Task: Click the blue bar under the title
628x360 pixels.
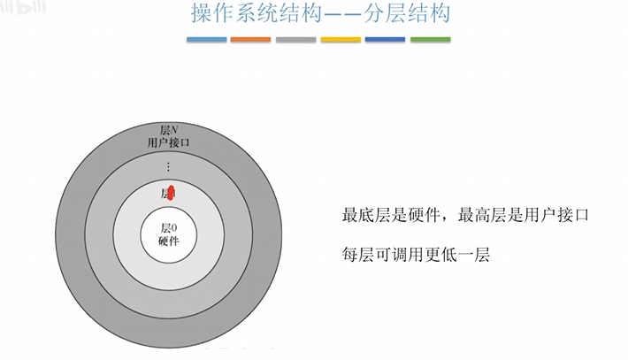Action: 207,39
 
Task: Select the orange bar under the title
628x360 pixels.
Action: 251,39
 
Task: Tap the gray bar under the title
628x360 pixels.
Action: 295,39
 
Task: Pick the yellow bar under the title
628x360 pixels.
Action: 341,39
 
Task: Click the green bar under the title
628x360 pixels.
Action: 430,39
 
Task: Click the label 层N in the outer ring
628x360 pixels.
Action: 169,130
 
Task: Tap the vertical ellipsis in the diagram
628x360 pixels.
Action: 169,166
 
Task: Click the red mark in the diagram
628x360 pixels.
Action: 172,193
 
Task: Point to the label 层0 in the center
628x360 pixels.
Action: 169,228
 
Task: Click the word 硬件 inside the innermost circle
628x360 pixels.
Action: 169,241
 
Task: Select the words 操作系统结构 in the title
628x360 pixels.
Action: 247,15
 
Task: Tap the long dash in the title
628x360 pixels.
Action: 333,15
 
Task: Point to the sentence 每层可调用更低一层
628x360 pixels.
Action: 416,255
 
